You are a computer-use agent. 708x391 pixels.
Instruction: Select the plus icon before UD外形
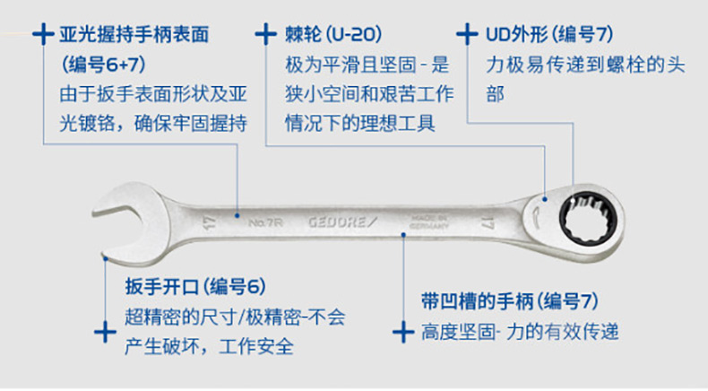[465, 36]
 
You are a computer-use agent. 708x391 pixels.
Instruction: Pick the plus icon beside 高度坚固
[402, 333]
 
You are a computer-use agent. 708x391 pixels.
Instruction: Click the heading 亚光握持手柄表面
[134, 36]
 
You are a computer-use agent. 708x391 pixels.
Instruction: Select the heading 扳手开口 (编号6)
[195, 287]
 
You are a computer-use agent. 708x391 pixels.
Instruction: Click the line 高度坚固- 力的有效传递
[520, 333]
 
